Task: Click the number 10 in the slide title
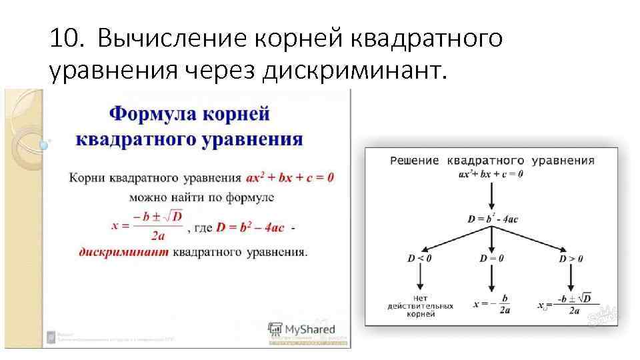tap(65, 39)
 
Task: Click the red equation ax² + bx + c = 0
tap(289, 178)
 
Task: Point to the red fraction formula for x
tap(147, 225)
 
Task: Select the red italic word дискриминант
tap(124, 253)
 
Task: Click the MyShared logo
tap(301, 329)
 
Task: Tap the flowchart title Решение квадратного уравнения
tap(492, 161)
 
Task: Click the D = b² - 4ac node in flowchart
tap(493, 218)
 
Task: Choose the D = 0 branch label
tap(491, 258)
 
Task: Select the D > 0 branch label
tap(571, 258)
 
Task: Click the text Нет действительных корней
tap(420, 305)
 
